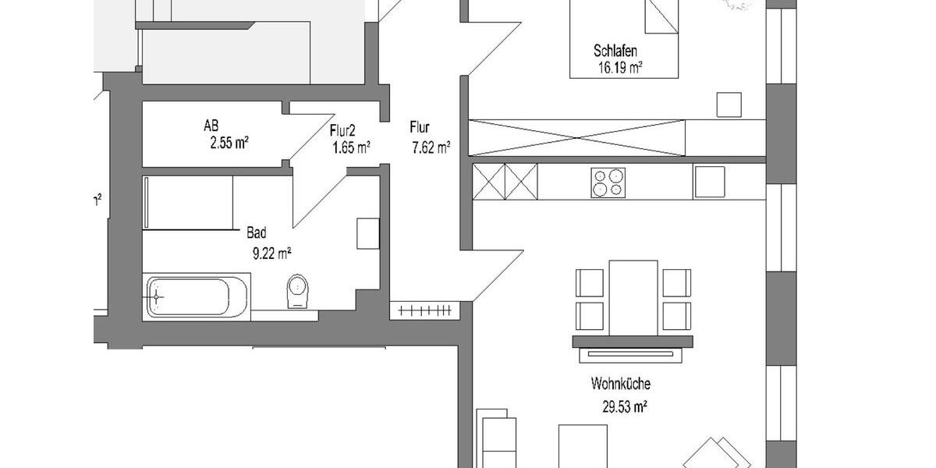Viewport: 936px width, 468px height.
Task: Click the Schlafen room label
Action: pyautogui.click(x=616, y=51)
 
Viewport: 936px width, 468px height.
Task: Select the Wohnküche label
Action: pyautogui.click(x=621, y=384)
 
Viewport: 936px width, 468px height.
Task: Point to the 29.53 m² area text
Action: pyautogui.click(x=621, y=406)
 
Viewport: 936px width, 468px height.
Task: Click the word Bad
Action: pyautogui.click(x=257, y=232)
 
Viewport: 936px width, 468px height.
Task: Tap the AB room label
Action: pyautogui.click(x=211, y=125)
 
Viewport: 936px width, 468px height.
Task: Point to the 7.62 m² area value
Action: pyautogui.click(x=431, y=146)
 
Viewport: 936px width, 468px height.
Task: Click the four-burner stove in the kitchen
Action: pyautogui.click(x=607, y=183)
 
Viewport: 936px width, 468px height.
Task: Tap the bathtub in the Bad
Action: pyautogui.click(x=197, y=296)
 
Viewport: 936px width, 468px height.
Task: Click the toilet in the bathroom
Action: pyautogui.click(x=297, y=291)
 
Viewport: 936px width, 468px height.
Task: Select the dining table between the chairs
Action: pyautogui.click(x=633, y=296)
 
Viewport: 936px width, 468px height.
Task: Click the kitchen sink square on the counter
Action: pyautogui.click(x=709, y=182)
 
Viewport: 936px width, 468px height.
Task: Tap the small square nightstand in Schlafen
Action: pyautogui.click(x=729, y=105)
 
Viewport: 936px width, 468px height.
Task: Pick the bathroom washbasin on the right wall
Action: pyautogui.click(x=367, y=233)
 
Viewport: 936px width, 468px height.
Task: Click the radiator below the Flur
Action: pyautogui.click(x=424, y=310)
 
